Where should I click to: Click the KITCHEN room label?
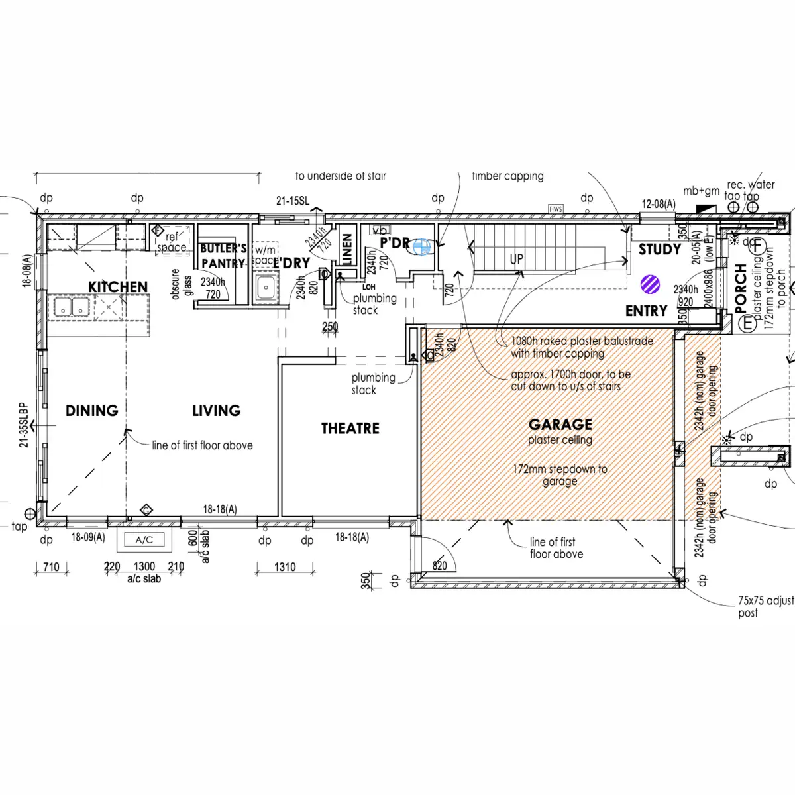click(118, 287)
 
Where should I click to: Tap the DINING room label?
click(91, 411)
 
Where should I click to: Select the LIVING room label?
click(216, 411)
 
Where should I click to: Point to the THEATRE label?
click(350, 429)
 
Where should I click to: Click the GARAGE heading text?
click(560, 424)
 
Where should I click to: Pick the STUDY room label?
click(659, 250)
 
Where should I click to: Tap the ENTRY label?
click(646, 311)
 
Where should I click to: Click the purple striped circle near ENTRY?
click(651, 285)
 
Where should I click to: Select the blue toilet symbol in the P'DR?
click(421, 247)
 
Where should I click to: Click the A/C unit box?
click(144, 540)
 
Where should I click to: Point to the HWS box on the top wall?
click(555, 209)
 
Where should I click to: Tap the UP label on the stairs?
click(517, 259)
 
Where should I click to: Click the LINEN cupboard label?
click(346, 249)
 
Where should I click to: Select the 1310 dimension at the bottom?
click(285, 567)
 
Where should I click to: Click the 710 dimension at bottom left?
click(51, 567)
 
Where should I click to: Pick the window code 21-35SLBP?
click(24, 425)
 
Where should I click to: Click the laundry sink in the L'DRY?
click(266, 288)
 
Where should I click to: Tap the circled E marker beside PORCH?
click(748, 324)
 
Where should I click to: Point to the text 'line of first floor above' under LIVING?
click(202, 445)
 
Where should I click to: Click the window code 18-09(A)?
click(88, 538)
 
